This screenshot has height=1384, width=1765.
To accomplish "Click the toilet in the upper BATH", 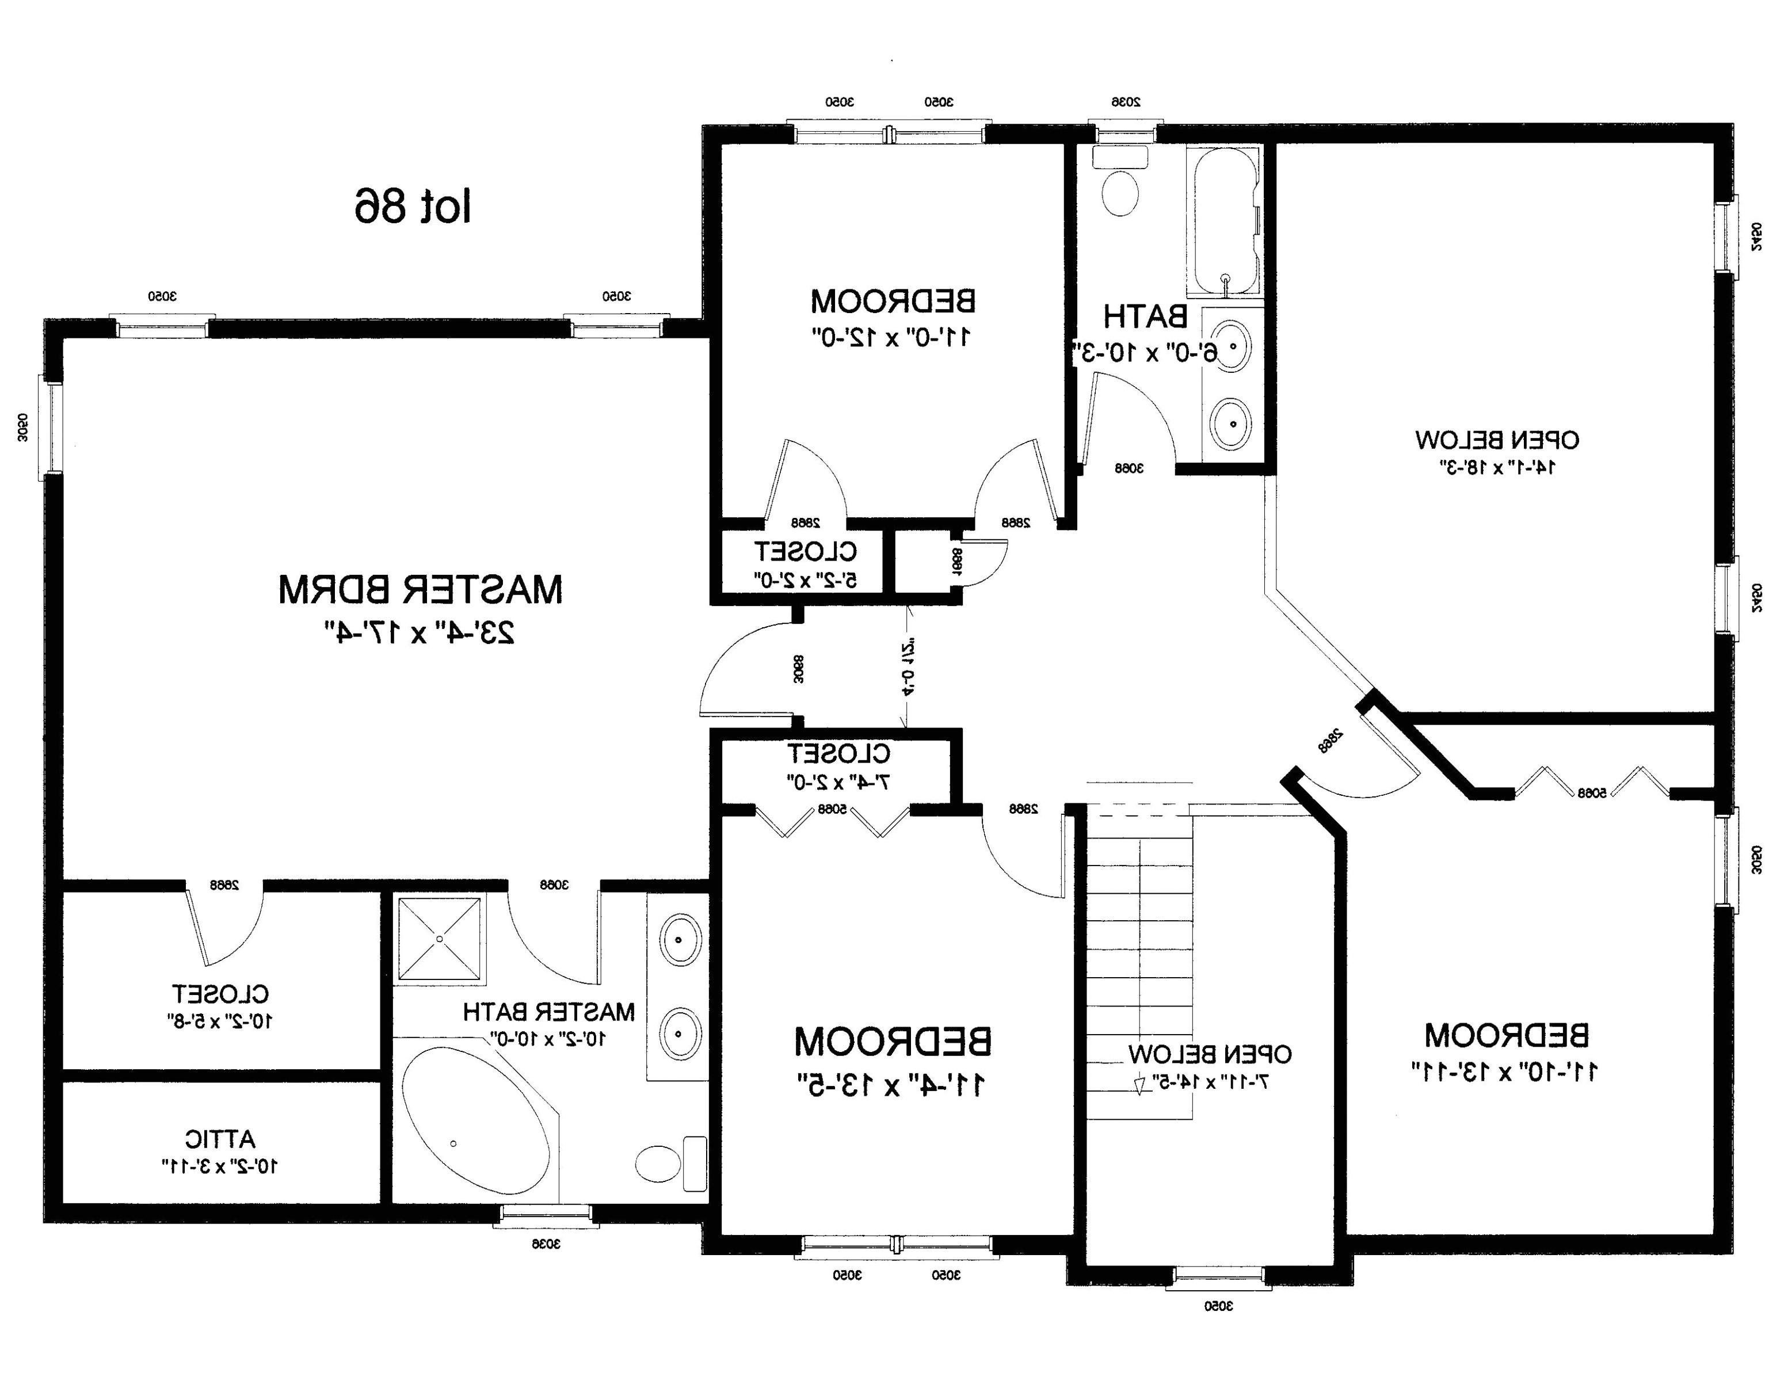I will pos(1121,192).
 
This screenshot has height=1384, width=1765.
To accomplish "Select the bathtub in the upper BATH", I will pos(1225,220).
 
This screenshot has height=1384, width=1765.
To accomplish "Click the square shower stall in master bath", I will pos(439,939).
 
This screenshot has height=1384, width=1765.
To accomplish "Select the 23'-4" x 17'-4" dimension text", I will pos(420,632).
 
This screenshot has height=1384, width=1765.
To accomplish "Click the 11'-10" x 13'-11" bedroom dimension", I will pos(1505,1071).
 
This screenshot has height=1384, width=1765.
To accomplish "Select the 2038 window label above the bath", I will pos(1125,102).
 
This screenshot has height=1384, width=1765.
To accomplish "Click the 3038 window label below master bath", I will pos(546,1243).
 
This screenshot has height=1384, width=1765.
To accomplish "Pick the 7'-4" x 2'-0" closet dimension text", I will pos(838,782).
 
